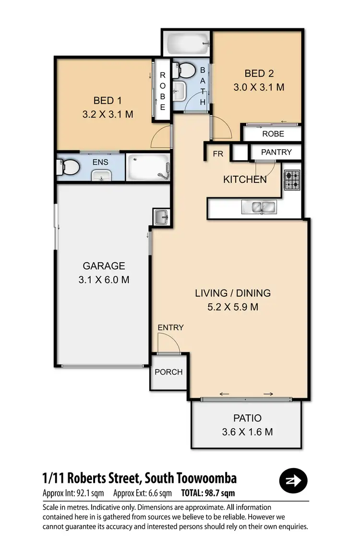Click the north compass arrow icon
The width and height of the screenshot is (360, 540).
293,480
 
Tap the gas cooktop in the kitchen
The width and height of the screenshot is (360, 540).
291,180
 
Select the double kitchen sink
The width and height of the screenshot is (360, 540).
258,207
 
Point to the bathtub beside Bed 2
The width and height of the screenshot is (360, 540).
187,44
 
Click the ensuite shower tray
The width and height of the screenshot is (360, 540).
148,168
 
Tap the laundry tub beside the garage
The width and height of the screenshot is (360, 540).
161,217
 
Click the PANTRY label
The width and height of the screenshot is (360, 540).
276,152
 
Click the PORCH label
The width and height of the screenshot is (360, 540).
168,372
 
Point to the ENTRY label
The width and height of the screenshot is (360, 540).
170,328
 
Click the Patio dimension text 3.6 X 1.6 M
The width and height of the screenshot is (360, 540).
247,432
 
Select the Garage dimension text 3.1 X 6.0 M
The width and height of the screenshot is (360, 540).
104,280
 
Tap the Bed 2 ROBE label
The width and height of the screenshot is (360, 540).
273,134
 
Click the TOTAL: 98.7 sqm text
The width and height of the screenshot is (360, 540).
207,493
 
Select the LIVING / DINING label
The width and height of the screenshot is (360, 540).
233,293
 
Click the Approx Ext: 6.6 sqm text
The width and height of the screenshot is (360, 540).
143,493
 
